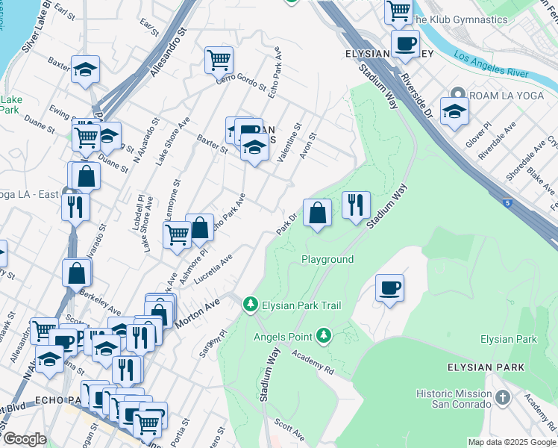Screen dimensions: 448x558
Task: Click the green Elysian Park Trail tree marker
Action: coord(251,305)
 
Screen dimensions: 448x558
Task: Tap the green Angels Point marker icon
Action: coord(324,336)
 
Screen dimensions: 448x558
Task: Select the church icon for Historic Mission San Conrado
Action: coord(503,399)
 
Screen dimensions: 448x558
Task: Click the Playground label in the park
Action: coord(327,259)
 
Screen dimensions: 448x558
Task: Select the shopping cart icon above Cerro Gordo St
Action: coord(219,60)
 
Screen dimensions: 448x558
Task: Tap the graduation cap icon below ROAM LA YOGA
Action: coord(454,113)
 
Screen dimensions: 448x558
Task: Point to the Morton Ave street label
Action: coord(198,312)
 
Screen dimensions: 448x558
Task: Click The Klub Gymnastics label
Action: coord(460,19)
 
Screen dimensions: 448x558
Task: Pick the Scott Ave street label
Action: coord(289,429)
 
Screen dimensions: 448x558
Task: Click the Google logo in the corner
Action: coord(25,439)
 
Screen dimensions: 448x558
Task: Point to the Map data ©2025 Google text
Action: coord(511,442)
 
